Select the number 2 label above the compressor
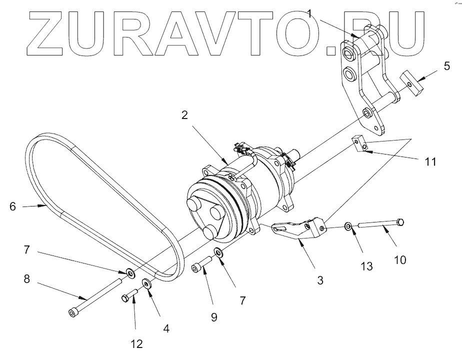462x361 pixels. [x=185, y=115]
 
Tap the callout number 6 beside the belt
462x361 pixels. [x=13, y=205]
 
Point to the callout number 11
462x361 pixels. [x=430, y=162]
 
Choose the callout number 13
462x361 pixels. [x=366, y=266]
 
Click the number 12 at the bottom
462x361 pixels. [x=136, y=344]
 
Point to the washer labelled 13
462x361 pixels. [x=348, y=227]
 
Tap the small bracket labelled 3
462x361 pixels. [x=300, y=228]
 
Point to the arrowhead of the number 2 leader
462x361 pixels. [x=228, y=162]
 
